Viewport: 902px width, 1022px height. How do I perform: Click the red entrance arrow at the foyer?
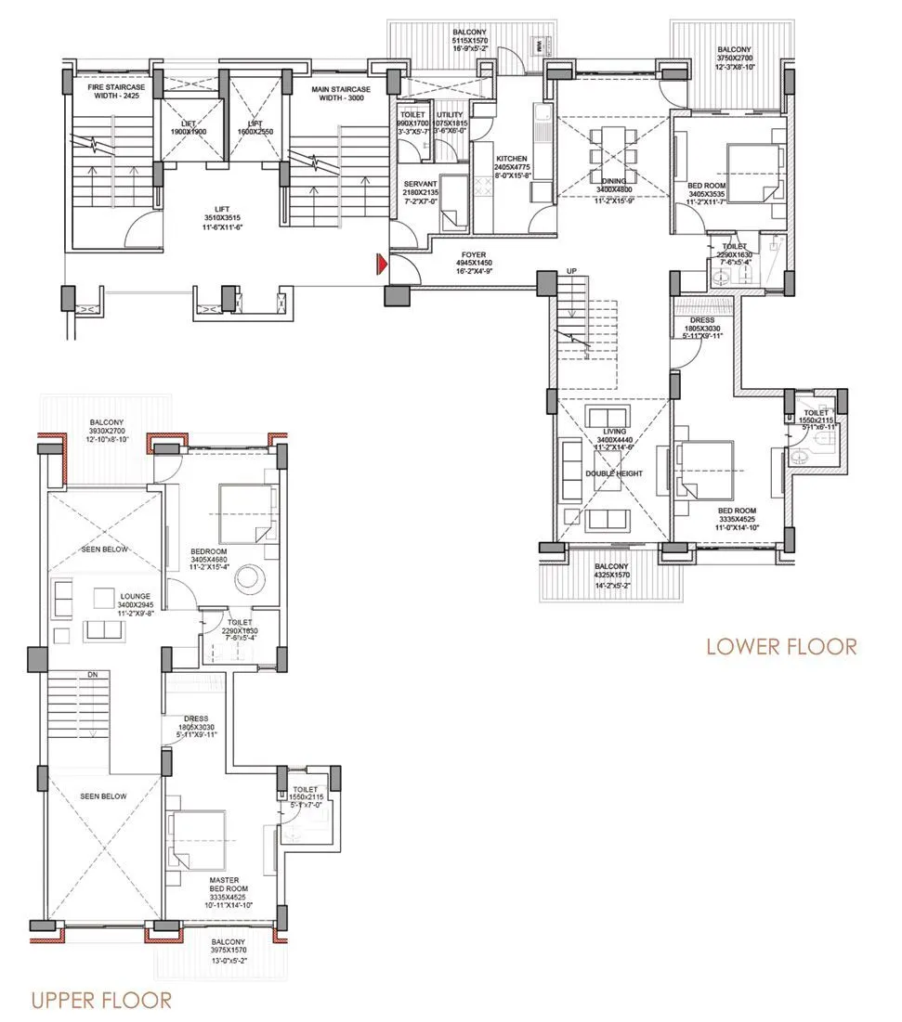pos(381,265)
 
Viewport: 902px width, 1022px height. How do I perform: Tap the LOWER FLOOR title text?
pos(781,646)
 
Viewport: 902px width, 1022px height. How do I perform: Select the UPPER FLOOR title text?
pos(101,1000)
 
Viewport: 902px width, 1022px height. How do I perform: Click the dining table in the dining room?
pos(612,155)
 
